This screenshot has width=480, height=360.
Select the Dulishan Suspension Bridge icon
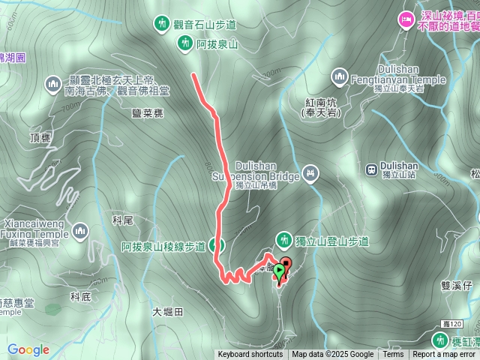[310, 175]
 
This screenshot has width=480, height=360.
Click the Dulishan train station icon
[372, 169]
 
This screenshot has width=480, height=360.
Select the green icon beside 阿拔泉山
[184, 44]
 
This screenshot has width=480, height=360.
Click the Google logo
[28, 349]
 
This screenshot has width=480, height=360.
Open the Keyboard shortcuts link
[250, 355]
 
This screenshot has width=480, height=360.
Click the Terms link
[393, 355]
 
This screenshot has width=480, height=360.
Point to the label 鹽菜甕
[147, 112]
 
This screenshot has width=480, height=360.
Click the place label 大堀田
[167, 311]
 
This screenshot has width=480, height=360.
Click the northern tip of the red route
[194, 74]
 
